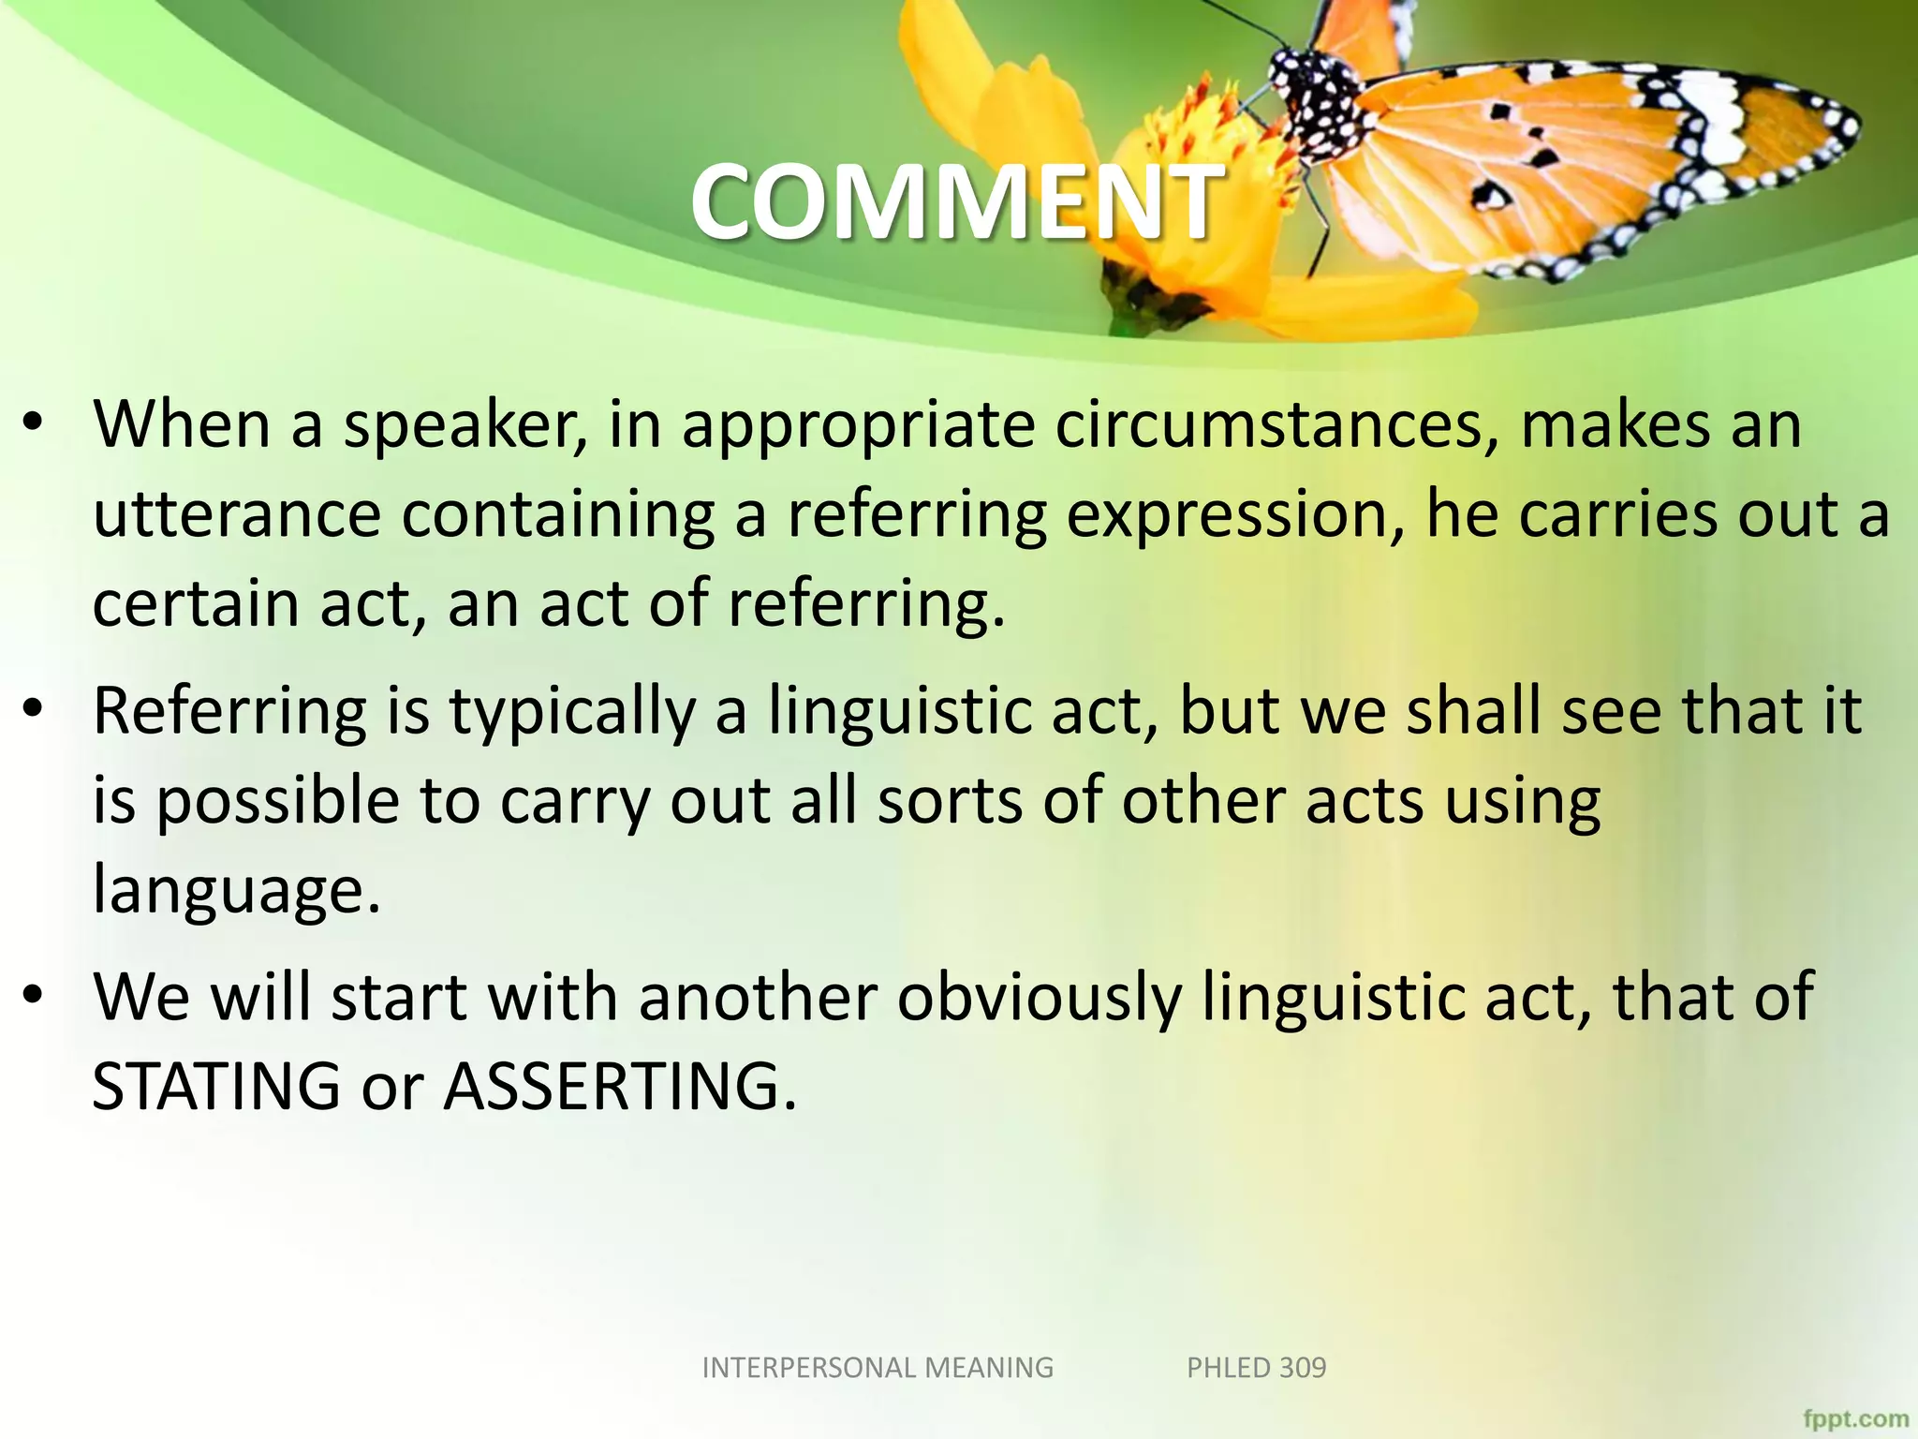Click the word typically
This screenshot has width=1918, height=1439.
tap(572, 712)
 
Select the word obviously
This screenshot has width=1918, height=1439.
tap(1040, 998)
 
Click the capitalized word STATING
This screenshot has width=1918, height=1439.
tap(216, 1087)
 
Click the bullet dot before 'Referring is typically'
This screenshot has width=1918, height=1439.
tap(34, 709)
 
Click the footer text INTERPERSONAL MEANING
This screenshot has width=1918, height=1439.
tap(878, 1368)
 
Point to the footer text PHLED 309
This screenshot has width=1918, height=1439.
tap(1256, 1368)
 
